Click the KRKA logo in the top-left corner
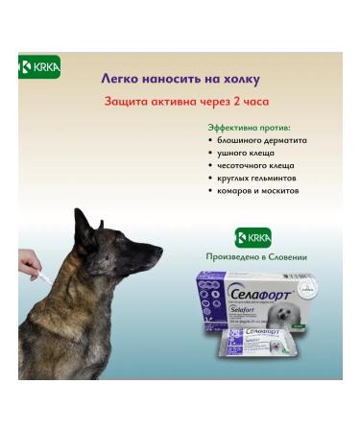40,66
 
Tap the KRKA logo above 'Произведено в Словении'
253,237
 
